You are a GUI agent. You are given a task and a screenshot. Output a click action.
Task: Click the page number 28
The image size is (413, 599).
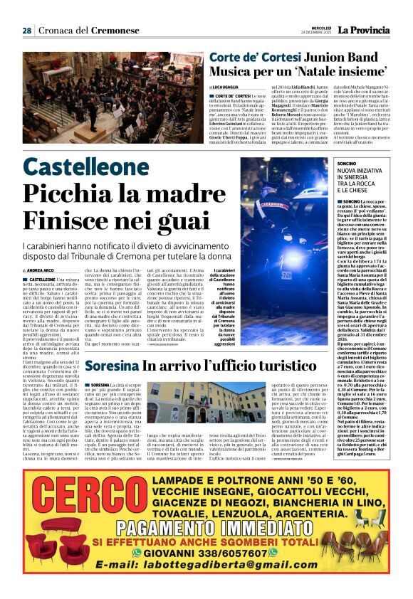click(x=26, y=31)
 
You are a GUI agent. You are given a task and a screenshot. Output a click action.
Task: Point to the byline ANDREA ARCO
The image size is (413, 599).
click(x=40, y=271)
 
